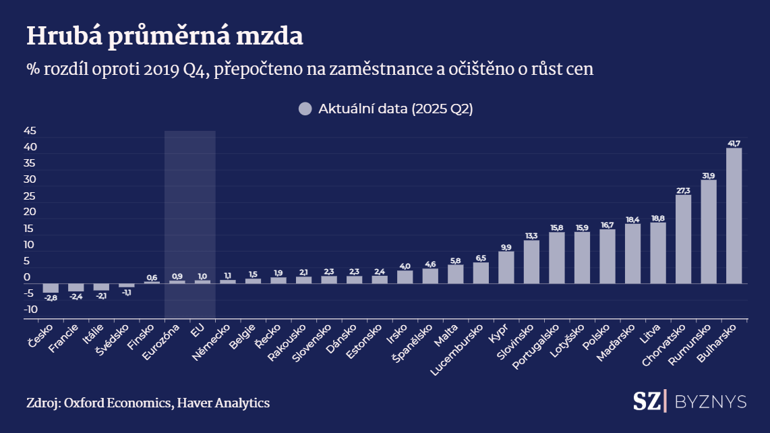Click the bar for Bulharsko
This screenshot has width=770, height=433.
(734, 216)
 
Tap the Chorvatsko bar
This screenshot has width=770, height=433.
(683, 239)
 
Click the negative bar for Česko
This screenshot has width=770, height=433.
(51, 287)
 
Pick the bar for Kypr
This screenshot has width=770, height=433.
(506, 267)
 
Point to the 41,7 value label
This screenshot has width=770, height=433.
(734, 143)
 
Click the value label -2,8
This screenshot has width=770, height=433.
(51, 297)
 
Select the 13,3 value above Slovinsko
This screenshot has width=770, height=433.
(531, 235)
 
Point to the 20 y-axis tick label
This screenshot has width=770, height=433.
(30, 212)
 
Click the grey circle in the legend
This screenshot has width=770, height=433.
(305, 109)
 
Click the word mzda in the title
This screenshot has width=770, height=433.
(272, 36)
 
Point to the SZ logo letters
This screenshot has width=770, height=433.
(647, 401)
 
